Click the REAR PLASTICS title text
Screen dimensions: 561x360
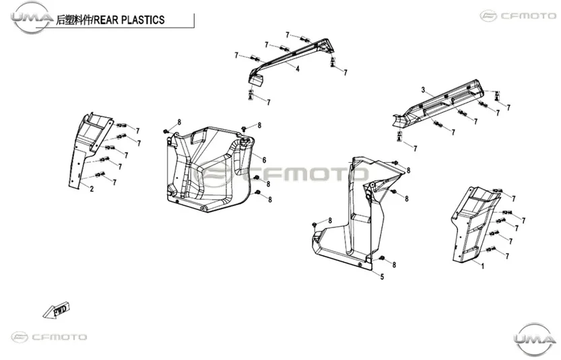[129, 20]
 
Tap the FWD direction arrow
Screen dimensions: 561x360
[56, 310]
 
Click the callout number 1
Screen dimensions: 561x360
[483, 266]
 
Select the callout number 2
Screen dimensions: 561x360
[92, 189]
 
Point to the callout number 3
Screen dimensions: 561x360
[423, 90]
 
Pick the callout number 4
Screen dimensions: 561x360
[298, 69]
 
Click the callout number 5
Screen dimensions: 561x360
[382, 277]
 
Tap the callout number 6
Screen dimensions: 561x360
[264, 159]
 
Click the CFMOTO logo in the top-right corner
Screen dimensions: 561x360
[518, 15]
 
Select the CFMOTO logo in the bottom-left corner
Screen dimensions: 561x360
[49, 336]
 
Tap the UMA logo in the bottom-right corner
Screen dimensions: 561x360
[533, 338]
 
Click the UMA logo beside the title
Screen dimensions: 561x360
[32, 17]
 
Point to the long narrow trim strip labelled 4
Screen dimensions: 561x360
[290, 59]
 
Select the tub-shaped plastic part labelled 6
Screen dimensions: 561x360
[209, 169]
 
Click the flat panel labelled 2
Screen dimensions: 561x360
[90, 149]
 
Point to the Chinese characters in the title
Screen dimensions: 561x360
[73, 20]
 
